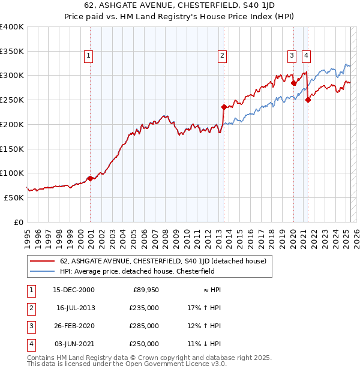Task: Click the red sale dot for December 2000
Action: [x=90, y=178]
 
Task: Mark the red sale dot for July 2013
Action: [x=224, y=107]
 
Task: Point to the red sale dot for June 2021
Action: [x=308, y=100]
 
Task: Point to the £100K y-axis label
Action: [x=12, y=173]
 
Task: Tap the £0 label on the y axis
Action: [x=18, y=222]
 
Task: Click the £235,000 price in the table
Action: [x=145, y=308]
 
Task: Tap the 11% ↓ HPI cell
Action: [x=204, y=344]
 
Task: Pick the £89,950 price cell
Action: [x=146, y=290]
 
